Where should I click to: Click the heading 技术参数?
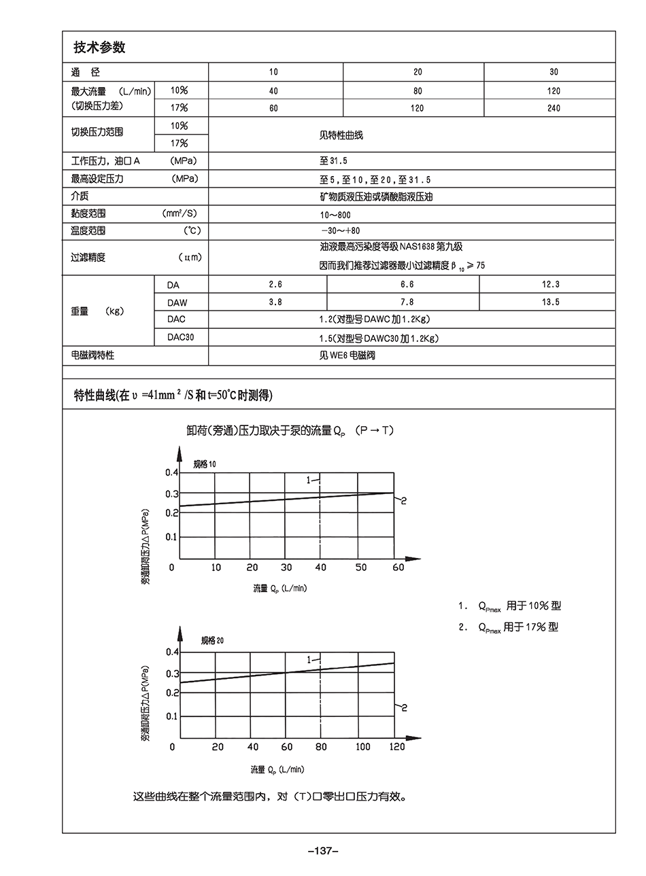[99, 48]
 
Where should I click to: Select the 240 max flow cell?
[553, 108]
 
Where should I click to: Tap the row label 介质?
[80, 196]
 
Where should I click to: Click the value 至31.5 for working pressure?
[333, 162]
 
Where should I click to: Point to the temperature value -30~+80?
[340, 231]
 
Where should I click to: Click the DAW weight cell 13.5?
[550, 302]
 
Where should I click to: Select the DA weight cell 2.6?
[275, 285]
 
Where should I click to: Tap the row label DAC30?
[180, 338]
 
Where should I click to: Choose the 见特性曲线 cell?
[341, 135]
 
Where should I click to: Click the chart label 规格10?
[205, 464]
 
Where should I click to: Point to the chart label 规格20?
[212, 641]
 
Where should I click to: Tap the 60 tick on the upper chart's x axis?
[398, 567]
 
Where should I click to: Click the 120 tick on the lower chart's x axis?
[396, 747]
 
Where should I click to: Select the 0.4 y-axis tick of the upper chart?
[171, 472]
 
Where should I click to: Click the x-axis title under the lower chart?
[277, 770]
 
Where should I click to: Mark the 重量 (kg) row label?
[97, 311]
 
